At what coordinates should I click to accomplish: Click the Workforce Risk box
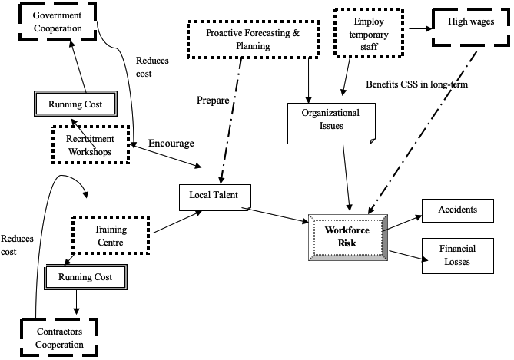point(347,238)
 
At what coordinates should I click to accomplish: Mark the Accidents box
point(457,210)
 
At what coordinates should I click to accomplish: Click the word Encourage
point(171,143)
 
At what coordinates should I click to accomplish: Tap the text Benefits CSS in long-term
point(416,84)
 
